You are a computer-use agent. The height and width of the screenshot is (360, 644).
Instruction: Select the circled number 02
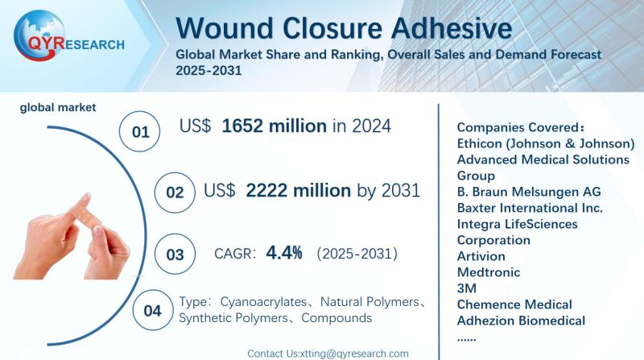click(x=175, y=192)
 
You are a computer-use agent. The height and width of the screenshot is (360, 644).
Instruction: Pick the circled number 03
click(x=175, y=254)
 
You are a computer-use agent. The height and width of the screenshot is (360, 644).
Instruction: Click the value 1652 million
click(x=274, y=126)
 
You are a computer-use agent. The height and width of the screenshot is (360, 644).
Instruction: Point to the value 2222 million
click(x=298, y=191)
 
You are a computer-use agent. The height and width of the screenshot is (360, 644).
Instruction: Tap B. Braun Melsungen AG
click(x=529, y=192)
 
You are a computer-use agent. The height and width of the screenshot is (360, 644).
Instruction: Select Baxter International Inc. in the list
click(x=530, y=208)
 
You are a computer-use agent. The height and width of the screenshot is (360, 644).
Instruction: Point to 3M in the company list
click(x=467, y=288)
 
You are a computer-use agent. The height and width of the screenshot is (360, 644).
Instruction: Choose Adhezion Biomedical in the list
click(x=521, y=321)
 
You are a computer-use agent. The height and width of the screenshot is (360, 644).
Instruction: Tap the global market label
click(x=58, y=107)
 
